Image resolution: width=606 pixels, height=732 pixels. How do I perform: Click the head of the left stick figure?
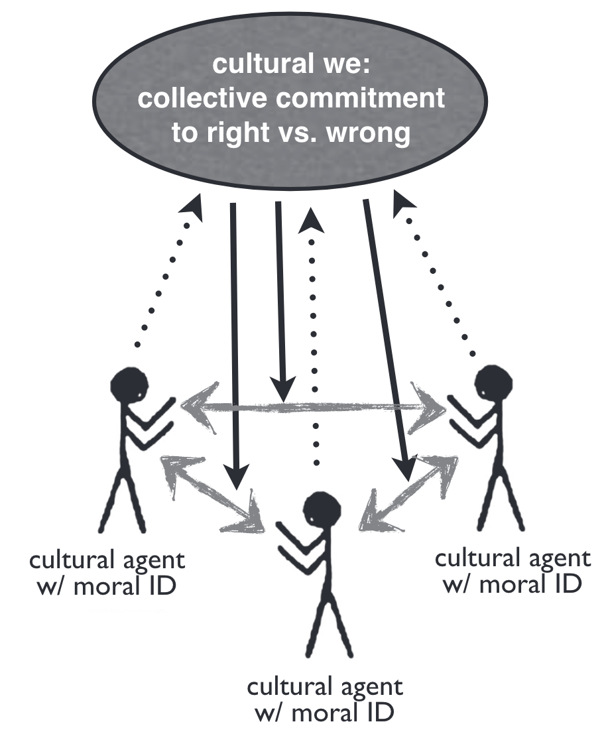pyautogui.click(x=129, y=384)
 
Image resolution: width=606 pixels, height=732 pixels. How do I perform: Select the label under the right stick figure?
pyautogui.click(x=512, y=570)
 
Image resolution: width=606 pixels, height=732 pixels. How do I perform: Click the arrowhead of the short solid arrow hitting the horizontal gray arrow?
pyautogui.click(x=286, y=391)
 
